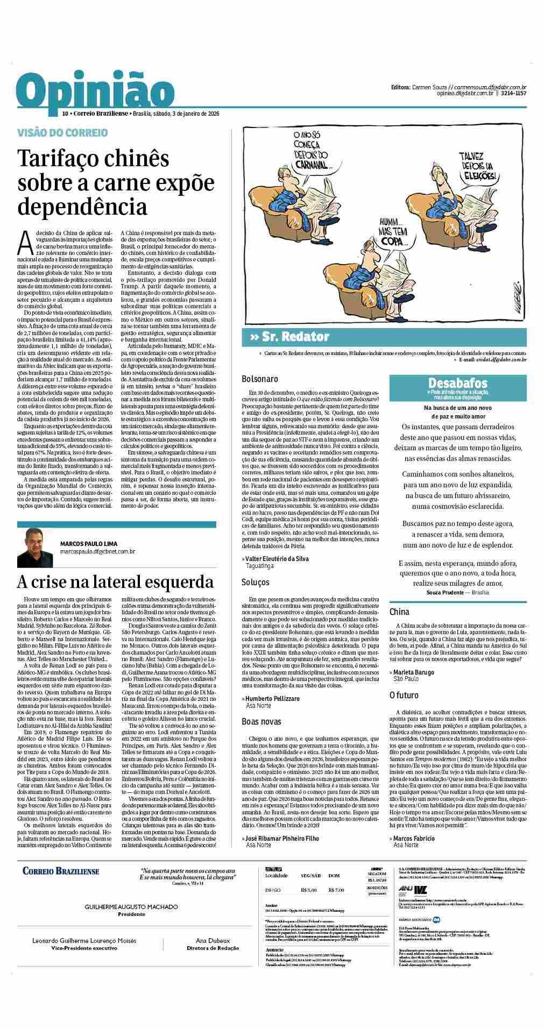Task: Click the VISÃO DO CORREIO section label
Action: click(62, 132)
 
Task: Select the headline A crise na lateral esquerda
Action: click(115, 581)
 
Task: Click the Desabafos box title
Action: click(457, 383)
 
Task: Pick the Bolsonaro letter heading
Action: click(260, 379)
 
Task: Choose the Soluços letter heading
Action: click(256, 582)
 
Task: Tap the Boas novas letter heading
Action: click(262, 721)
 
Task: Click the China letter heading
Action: click(399, 612)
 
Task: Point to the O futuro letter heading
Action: click(404, 696)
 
